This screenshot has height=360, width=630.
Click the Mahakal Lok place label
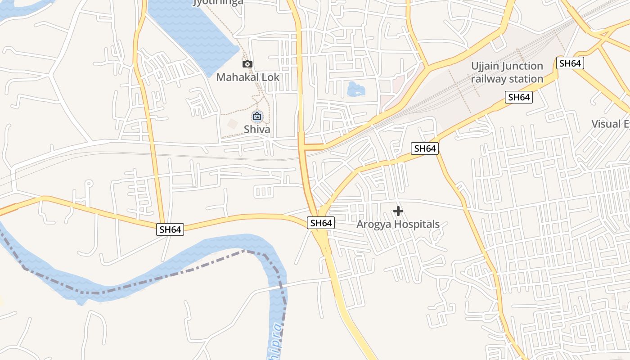coord(247,77)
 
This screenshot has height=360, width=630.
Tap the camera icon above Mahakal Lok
coord(247,64)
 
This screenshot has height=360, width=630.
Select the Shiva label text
coord(257,130)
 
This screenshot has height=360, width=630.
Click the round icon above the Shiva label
coord(257,117)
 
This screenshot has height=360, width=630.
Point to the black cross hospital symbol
coord(398,211)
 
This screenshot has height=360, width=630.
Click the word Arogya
coord(372,224)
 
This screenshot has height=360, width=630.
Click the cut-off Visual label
coord(610,124)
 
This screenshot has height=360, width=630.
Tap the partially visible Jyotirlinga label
coord(218,2)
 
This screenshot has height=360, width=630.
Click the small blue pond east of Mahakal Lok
coord(356,89)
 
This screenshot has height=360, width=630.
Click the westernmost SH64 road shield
coord(171,229)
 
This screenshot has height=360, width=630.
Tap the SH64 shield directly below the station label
coord(518,97)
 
